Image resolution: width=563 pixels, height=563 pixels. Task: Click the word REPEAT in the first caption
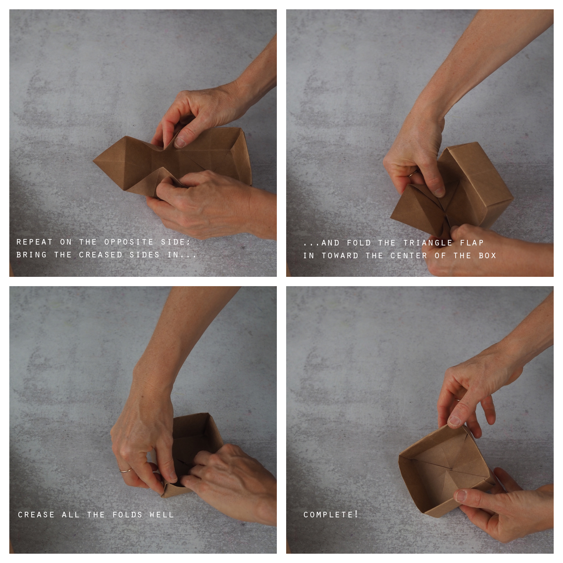pyautogui.click(x=34, y=242)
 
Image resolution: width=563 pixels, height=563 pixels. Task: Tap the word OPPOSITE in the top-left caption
pyautogui.click(x=129, y=242)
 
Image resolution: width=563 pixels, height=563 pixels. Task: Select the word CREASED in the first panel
pyautogui.click(x=101, y=255)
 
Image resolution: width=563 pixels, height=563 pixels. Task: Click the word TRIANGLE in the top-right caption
pyautogui.click(x=427, y=243)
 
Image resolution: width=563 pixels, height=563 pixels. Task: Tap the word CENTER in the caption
pyautogui.click(x=409, y=256)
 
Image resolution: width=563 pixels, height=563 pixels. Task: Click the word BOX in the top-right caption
pyautogui.click(x=487, y=256)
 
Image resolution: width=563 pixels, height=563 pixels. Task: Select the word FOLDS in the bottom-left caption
pyautogui.click(x=127, y=515)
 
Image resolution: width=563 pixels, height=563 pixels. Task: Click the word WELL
pyautogui.click(x=161, y=515)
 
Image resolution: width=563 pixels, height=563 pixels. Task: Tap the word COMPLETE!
pyautogui.click(x=331, y=514)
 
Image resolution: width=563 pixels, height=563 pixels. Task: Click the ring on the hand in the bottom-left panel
pyautogui.click(x=125, y=470)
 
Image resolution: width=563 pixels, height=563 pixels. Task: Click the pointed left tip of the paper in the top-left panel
pyautogui.click(x=93, y=160)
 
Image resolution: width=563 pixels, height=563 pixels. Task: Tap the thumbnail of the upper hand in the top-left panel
pyautogui.click(x=180, y=142)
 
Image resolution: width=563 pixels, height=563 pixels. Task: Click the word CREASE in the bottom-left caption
pyautogui.click(x=36, y=515)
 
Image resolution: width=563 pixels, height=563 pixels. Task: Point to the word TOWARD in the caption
pyautogui.click(x=340, y=256)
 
